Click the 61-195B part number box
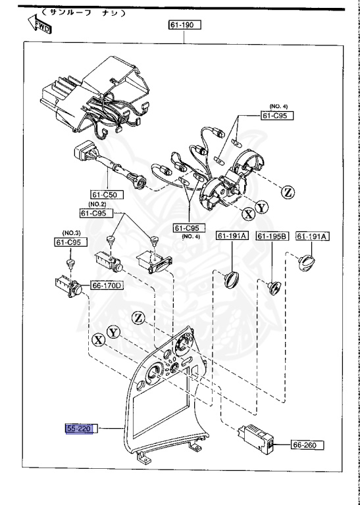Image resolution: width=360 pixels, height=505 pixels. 271,236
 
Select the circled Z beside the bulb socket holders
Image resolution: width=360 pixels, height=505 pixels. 288,192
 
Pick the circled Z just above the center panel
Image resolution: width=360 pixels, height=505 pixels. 137,318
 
